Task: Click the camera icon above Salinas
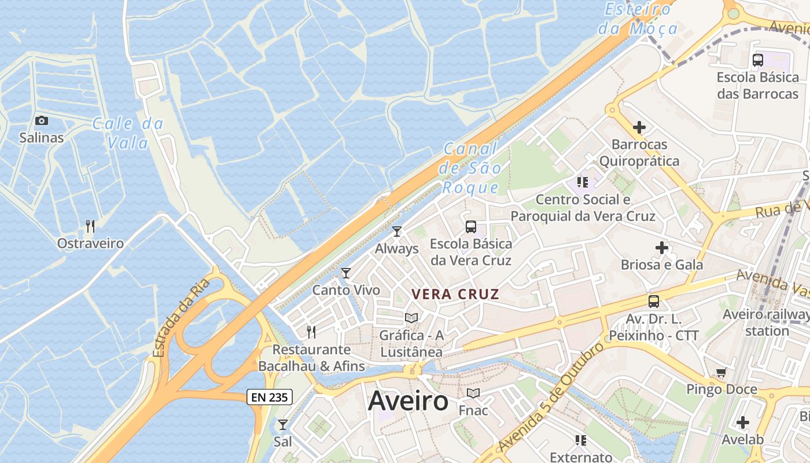(42, 120)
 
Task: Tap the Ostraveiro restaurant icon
(90, 226)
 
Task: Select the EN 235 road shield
(270, 397)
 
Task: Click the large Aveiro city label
(408, 400)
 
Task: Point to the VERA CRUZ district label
(455, 294)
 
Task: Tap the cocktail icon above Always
(397, 231)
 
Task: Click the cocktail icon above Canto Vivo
(346, 273)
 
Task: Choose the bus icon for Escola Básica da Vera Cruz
(471, 227)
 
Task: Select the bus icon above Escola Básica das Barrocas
(758, 60)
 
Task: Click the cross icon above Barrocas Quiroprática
(639, 127)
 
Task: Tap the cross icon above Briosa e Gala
(662, 248)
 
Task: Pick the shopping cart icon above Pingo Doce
(721, 372)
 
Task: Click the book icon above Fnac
(473, 394)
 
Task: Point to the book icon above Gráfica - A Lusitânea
(411, 318)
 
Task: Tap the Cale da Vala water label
(128, 133)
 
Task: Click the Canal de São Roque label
(470, 168)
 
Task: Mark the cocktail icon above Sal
(282, 425)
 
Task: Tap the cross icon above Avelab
(743, 422)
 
